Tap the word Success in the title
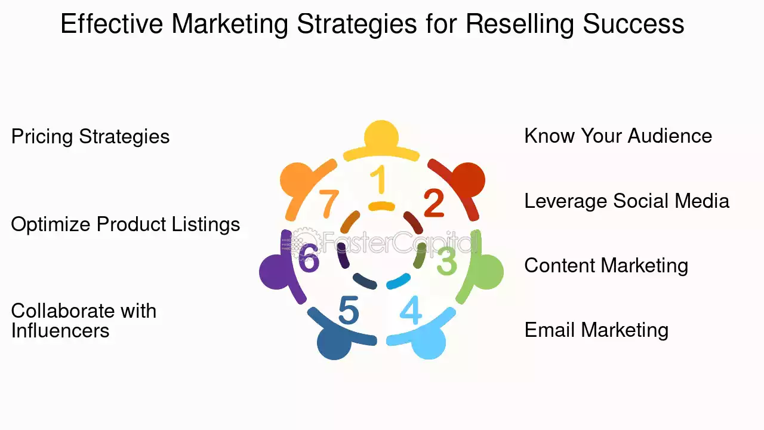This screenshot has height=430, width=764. pos(633,23)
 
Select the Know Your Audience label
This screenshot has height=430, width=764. pos(618,136)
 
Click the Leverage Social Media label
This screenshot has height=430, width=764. pos(627,201)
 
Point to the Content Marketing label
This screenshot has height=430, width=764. pos(606,266)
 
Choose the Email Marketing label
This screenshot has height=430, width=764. pos(596,330)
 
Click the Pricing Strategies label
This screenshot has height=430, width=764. pos(90,137)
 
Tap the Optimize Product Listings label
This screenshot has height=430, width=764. pos(125,225)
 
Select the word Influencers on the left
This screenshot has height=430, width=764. pos(60,331)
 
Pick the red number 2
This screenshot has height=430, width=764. pos(434,204)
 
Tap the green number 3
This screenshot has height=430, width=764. pos(447,262)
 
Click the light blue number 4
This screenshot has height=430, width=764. pos(411,310)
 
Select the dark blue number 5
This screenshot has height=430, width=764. pos(349,310)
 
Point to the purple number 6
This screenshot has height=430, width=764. pos(309,258)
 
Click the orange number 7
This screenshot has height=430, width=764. pos(329,204)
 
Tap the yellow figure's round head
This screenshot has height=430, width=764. pos(381,136)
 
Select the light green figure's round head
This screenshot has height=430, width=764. pos(486,272)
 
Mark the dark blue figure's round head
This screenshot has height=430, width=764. pos(334,343)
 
